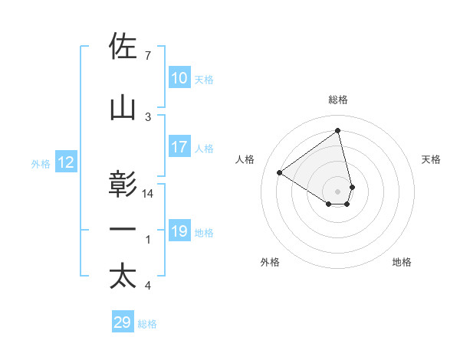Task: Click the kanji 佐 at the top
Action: click(x=123, y=47)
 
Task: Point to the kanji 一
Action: click(x=123, y=231)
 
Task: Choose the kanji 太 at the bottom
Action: click(x=123, y=277)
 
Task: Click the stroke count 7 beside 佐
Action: click(x=147, y=56)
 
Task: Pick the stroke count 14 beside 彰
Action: click(x=149, y=194)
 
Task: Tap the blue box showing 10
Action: click(x=179, y=79)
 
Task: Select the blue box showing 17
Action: click(x=179, y=147)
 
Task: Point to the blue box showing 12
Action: click(x=66, y=162)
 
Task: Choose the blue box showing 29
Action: click(x=122, y=322)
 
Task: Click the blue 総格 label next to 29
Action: click(x=148, y=324)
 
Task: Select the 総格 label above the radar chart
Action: click(x=338, y=100)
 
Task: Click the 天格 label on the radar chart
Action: click(x=432, y=159)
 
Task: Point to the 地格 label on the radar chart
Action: click(x=402, y=262)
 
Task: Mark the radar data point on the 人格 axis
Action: click(x=280, y=172)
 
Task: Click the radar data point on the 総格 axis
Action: click(x=338, y=131)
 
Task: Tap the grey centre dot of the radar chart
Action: click(x=338, y=191)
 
